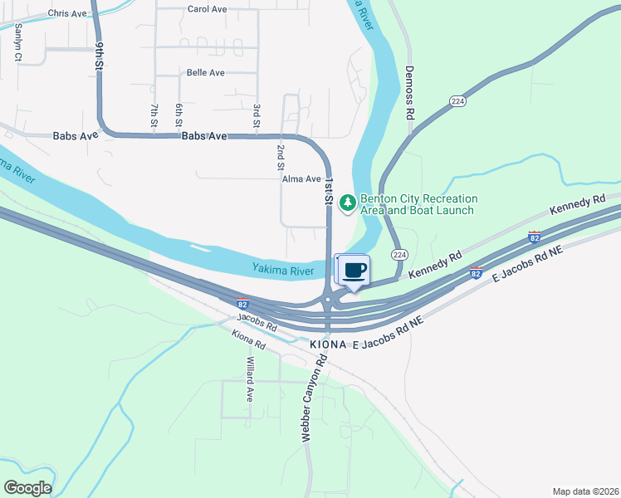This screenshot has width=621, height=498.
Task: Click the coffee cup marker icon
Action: [354, 270]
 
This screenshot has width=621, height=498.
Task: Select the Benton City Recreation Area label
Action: [418, 204]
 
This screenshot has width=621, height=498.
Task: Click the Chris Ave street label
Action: [68, 13]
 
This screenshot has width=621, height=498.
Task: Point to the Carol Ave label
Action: [207, 9]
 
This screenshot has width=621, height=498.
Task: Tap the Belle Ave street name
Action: [205, 73]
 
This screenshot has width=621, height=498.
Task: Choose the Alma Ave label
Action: [301, 179]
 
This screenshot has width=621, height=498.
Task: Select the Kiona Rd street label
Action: [248, 339]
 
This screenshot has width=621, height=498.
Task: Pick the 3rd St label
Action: [257, 117]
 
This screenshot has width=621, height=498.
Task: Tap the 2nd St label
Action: [281, 157]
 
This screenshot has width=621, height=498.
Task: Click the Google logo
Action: [27, 488]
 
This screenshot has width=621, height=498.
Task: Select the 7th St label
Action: [154, 115]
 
